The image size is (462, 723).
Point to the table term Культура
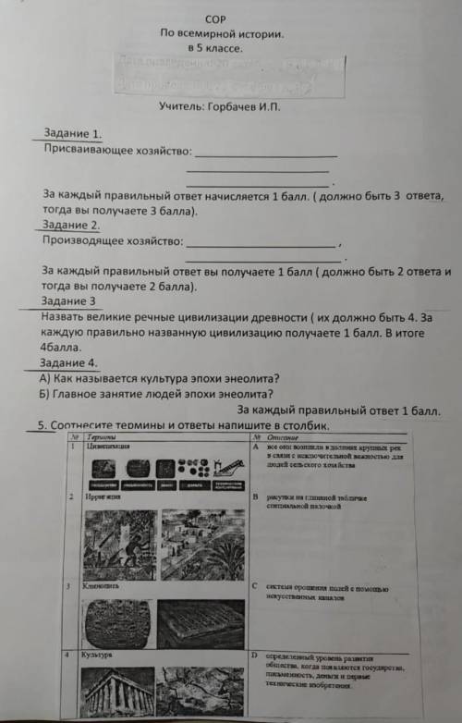pyautogui.click(x=96, y=654)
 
